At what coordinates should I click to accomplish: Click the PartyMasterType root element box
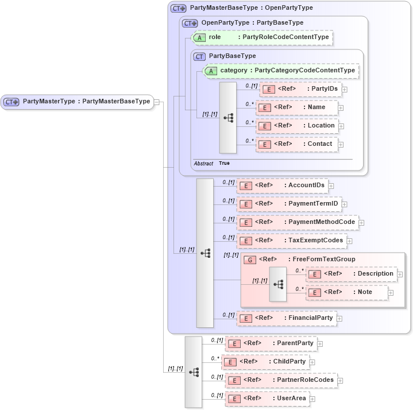pyautogui.click(x=78, y=102)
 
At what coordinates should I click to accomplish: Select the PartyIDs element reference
pyautogui.click(x=300, y=89)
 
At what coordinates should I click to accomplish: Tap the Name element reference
pyautogui.click(x=296, y=107)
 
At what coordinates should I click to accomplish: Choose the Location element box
pyautogui.click(x=296, y=126)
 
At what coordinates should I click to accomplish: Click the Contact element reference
pyautogui.click(x=296, y=144)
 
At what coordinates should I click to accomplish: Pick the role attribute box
pyautogui.click(x=262, y=37)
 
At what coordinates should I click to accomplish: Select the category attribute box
pyautogui.click(x=281, y=71)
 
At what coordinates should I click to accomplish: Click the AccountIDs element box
pyautogui.click(x=281, y=185)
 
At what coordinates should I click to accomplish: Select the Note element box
pyautogui.click(x=346, y=292)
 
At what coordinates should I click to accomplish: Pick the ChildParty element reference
pyautogui.click(x=265, y=362)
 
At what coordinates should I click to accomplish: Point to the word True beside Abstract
pyautogui.click(x=224, y=163)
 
